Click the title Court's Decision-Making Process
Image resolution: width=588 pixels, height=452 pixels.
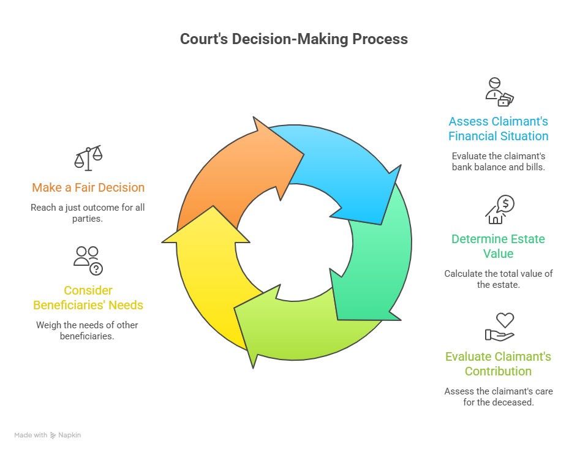(293, 39)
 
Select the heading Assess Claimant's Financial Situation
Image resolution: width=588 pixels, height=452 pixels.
(498, 129)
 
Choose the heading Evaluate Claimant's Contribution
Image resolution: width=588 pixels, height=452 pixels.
(498, 364)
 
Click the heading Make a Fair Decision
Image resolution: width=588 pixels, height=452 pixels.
(88, 187)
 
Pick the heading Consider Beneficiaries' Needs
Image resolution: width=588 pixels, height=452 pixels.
(88, 297)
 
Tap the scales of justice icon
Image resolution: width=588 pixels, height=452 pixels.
(88, 159)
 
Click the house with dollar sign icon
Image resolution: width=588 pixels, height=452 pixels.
(499, 210)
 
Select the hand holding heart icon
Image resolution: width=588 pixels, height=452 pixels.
(499, 327)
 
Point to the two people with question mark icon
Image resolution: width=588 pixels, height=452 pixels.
(88, 260)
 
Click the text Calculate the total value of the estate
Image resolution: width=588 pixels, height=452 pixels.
(498, 279)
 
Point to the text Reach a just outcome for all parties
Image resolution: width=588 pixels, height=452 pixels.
(88, 213)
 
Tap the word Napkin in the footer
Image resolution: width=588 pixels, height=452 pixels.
(70, 435)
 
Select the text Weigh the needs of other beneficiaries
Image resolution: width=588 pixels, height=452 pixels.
(87, 330)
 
